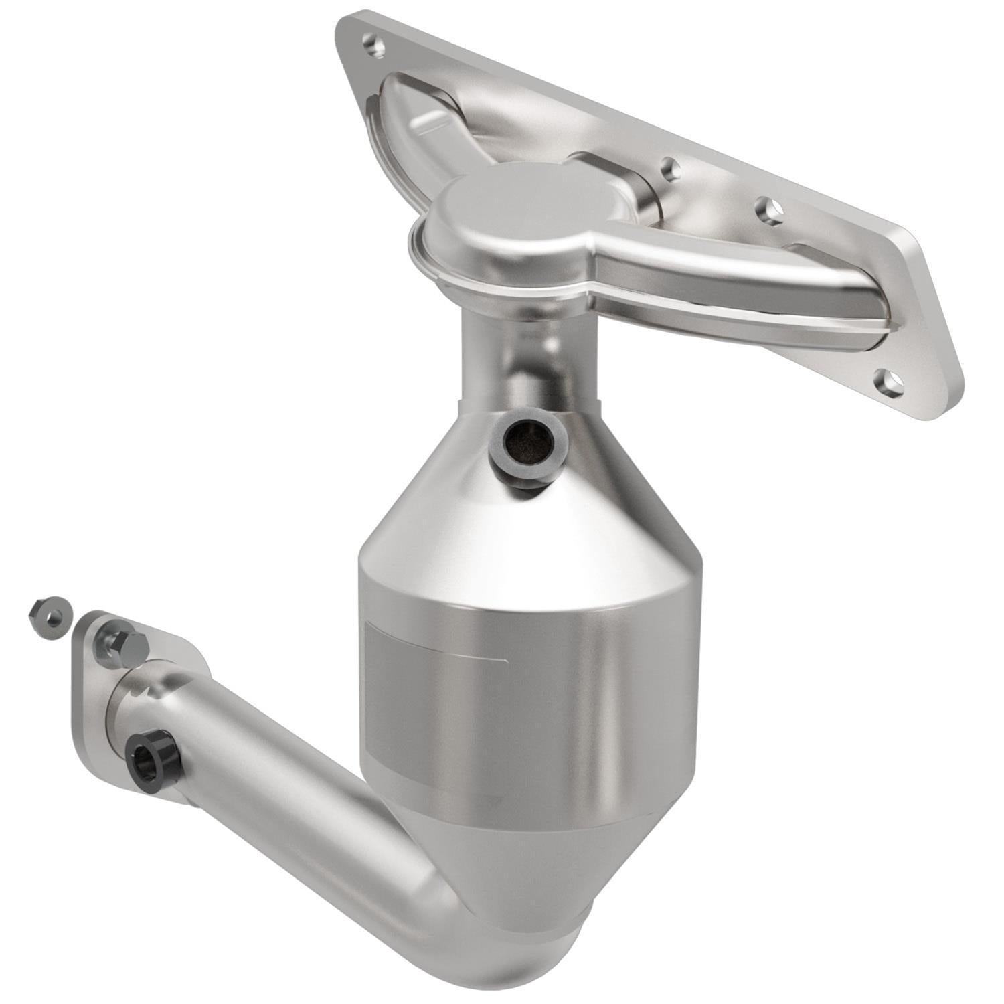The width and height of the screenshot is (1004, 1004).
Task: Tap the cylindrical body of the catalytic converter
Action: coord(529,689)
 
